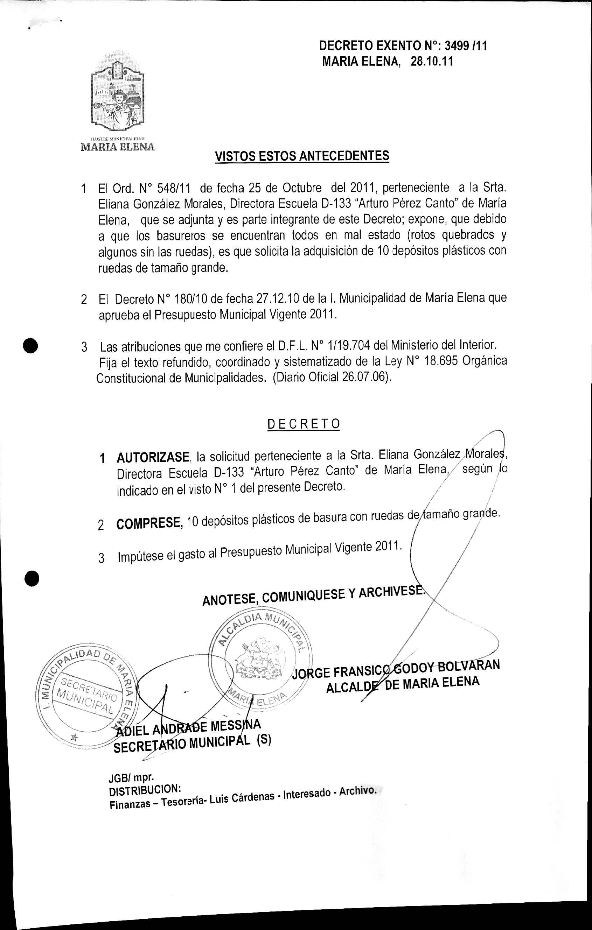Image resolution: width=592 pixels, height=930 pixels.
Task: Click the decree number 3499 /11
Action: (466, 46)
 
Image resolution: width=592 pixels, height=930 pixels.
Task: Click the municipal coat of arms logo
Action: (118, 93)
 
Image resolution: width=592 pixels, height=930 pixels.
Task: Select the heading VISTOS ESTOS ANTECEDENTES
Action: (302, 156)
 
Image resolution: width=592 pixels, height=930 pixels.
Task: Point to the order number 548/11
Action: (172, 189)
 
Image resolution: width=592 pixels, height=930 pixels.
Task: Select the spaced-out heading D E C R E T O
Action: (303, 424)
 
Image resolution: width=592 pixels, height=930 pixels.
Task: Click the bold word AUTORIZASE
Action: (153, 458)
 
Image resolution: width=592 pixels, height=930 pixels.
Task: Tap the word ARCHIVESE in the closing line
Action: (391, 592)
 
